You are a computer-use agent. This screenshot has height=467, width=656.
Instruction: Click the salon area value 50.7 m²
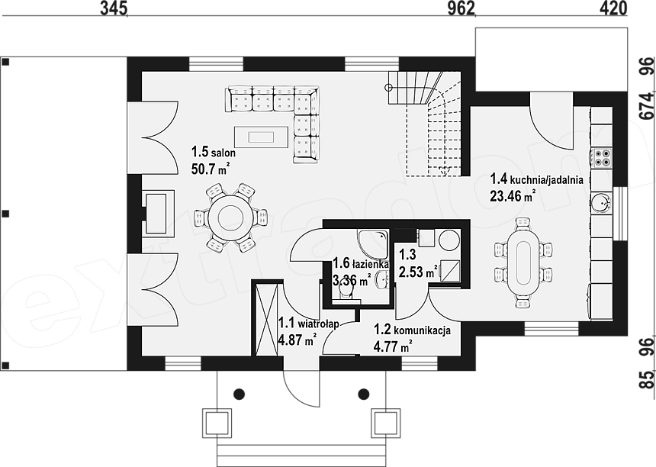click(211, 169)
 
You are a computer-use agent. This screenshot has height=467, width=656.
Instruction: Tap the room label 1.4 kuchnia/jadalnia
click(536, 179)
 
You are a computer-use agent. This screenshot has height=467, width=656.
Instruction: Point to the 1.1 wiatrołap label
click(309, 323)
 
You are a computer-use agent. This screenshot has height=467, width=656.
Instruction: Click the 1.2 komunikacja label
click(412, 330)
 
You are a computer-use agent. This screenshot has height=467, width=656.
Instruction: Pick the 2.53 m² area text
click(418, 273)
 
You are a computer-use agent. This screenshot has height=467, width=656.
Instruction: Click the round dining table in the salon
click(226, 217)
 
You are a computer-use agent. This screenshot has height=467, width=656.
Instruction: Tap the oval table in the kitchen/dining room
click(523, 262)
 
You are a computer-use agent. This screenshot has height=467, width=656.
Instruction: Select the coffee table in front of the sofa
click(261, 137)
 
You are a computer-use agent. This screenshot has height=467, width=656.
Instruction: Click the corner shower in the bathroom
click(373, 244)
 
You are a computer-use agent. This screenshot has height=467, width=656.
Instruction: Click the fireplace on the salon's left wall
click(158, 213)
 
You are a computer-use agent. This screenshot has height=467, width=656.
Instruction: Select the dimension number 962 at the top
click(461, 9)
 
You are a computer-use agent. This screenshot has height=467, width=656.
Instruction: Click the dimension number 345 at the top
click(114, 9)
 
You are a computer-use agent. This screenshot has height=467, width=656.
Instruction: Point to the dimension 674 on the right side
click(648, 106)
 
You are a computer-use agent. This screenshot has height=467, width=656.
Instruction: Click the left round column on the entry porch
click(239, 394)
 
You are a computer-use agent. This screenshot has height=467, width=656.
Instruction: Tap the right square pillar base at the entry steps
click(384, 423)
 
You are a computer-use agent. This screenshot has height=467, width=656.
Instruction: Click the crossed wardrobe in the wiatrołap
click(266, 319)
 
